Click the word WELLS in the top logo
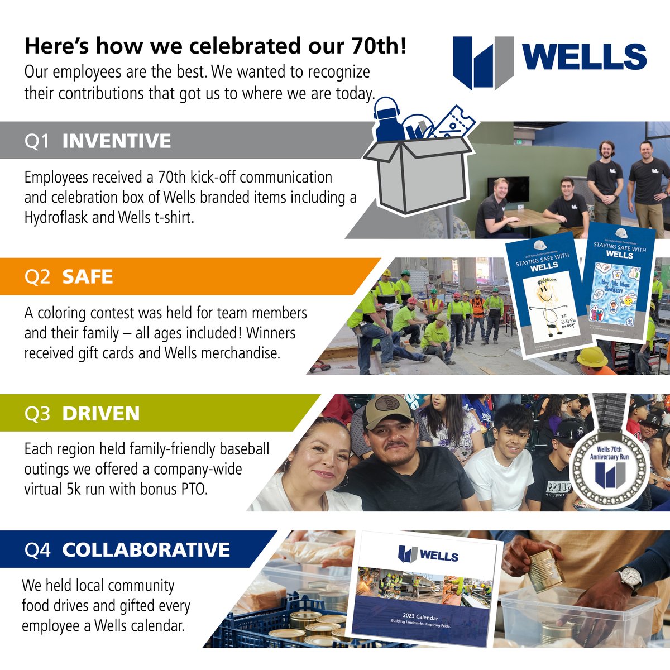pyautogui.click(x=585, y=57)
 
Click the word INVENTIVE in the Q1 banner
pyautogui.click(x=116, y=141)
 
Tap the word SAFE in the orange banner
pyautogui.click(x=88, y=277)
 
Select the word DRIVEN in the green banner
pyautogui.click(x=100, y=414)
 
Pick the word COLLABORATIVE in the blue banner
pyautogui.click(x=146, y=550)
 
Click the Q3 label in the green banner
pyautogui.click(x=37, y=414)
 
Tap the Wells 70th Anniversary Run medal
pyautogui.click(x=610, y=463)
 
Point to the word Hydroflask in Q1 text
pyautogui.click(x=56, y=217)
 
